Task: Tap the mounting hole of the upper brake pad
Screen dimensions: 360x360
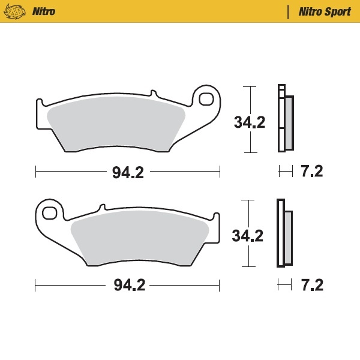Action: click(206, 99)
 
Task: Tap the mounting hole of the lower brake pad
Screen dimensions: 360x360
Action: click(50, 212)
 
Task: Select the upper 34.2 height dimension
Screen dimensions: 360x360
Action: click(250, 122)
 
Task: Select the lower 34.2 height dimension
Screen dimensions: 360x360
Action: click(248, 236)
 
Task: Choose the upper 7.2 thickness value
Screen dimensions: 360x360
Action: click(311, 172)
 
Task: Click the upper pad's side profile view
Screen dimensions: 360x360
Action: click(285, 120)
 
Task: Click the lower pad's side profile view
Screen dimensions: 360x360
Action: click(284, 234)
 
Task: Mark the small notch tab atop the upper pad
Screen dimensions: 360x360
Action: click(153, 94)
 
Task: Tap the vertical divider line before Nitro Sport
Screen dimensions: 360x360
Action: click(289, 11)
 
